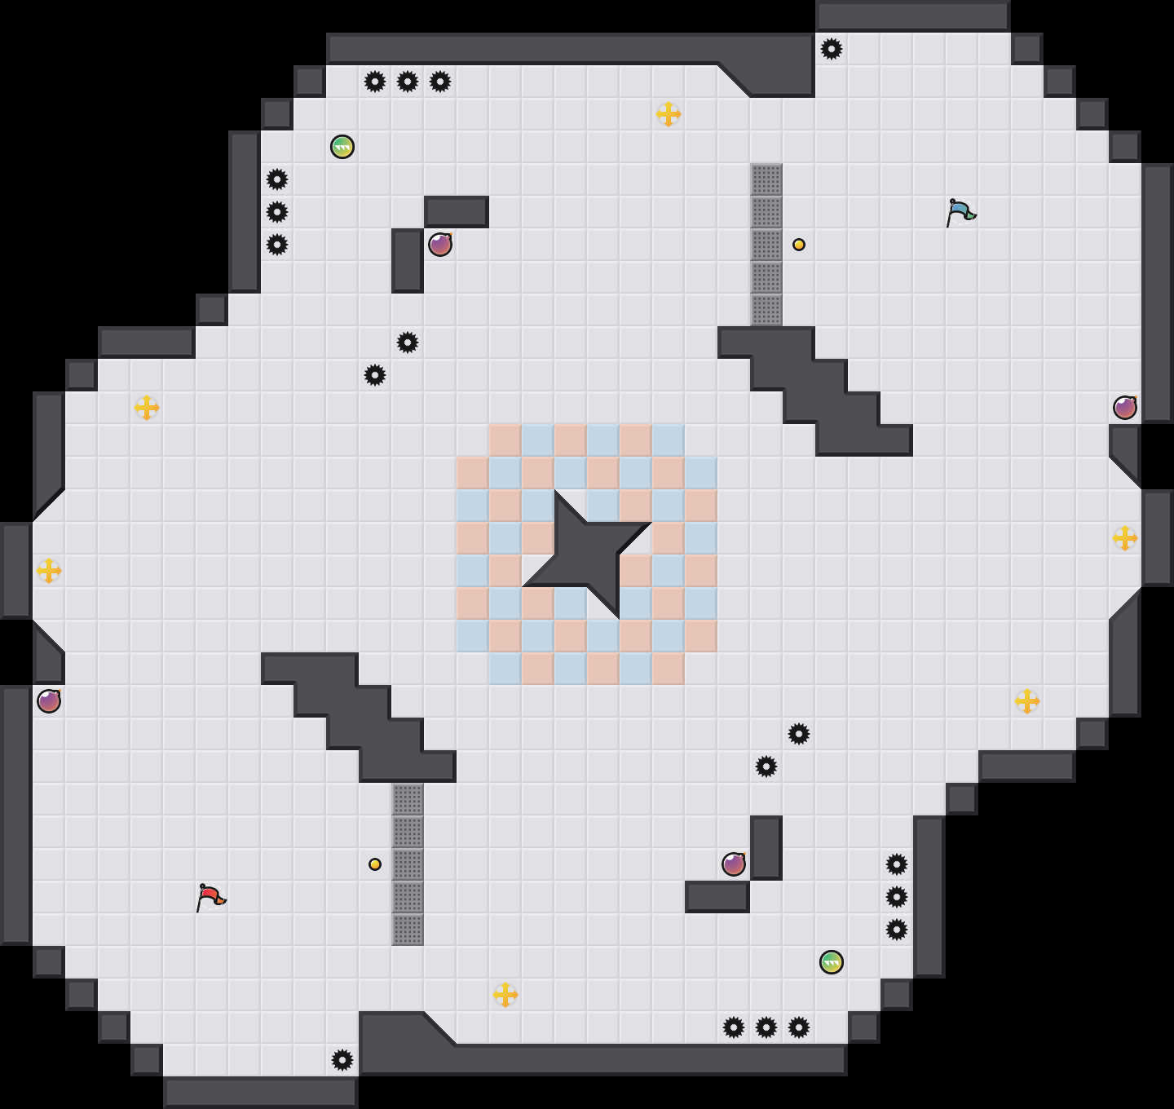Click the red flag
point(210,897)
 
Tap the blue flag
point(960,212)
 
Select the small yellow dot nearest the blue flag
point(799,245)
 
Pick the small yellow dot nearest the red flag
point(375,864)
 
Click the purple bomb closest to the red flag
point(49,701)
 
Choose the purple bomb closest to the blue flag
point(1125,408)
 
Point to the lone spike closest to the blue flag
point(832,49)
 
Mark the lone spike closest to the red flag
point(342,1060)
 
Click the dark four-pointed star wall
point(587,554)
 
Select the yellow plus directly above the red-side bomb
point(49,571)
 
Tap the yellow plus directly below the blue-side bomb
point(1125,538)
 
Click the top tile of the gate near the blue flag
point(766,179)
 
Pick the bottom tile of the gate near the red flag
point(408,930)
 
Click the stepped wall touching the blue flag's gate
point(815,391)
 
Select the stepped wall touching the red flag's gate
point(359,718)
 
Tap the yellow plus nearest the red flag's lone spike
point(505,995)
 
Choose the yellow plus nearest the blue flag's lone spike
point(669,114)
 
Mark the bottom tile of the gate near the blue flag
point(766,310)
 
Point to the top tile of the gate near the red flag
point(408,799)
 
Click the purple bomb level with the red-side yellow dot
point(734,864)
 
